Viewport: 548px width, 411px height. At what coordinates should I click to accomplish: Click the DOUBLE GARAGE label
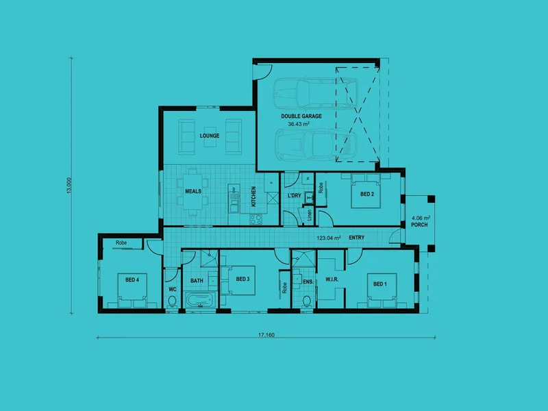[301, 116]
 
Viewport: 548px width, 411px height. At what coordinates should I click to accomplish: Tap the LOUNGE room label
[210, 136]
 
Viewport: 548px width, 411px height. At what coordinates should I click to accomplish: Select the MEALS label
[193, 191]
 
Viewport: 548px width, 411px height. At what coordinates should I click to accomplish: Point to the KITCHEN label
[253, 197]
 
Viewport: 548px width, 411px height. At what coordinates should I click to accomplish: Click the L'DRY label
[294, 197]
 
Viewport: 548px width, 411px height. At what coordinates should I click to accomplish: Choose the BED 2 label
[367, 194]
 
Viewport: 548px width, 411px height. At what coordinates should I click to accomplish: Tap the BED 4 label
[132, 279]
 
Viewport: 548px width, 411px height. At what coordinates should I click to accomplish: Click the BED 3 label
[242, 279]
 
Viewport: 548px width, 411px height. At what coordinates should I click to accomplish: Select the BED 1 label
[379, 284]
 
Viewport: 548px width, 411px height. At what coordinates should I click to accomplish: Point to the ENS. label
[308, 281]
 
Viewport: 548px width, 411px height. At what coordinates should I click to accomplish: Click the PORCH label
[420, 226]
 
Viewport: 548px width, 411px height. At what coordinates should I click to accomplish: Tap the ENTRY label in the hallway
[356, 238]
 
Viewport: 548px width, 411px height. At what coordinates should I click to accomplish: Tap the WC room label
[173, 290]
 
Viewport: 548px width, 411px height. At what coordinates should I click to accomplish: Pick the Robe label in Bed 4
[121, 243]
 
